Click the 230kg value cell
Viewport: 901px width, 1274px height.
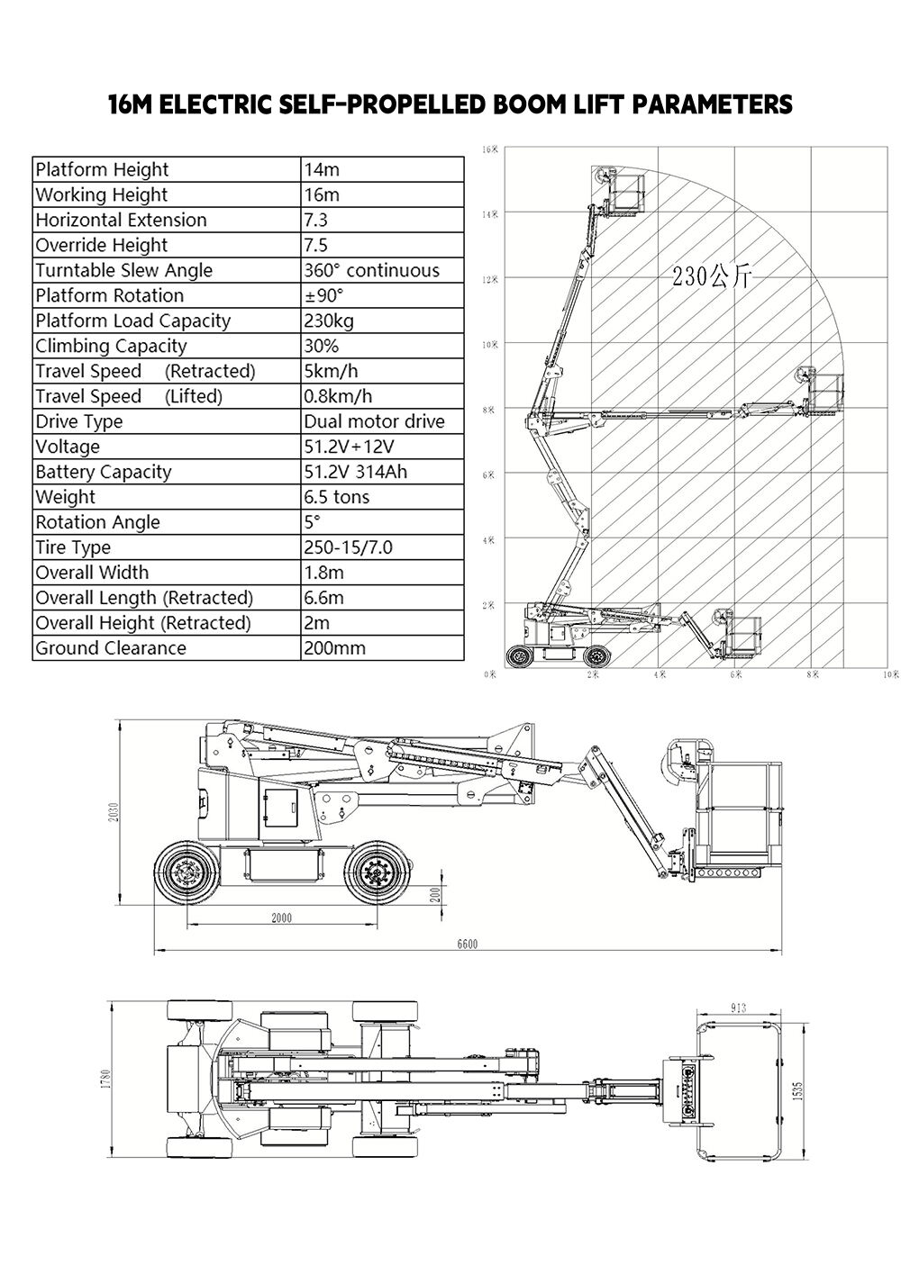pyautogui.click(x=329, y=321)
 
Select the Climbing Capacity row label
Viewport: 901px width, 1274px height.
pyautogui.click(x=111, y=346)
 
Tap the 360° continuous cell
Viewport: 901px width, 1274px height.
pyautogui.click(x=371, y=270)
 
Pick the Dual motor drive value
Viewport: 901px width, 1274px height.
pyautogui.click(x=374, y=421)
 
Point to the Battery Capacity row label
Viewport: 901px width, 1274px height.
pyautogui.click(x=103, y=472)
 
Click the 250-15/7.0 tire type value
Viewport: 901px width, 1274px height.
pyautogui.click(x=348, y=547)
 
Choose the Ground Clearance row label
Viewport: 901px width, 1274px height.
pyautogui.click(x=111, y=648)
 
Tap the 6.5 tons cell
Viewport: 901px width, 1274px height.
pyautogui.click(x=336, y=497)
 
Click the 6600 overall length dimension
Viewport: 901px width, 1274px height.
pyautogui.click(x=467, y=944)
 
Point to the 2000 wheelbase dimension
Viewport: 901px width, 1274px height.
pyautogui.click(x=281, y=918)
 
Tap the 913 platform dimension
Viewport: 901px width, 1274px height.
pyautogui.click(x=741, y=1007)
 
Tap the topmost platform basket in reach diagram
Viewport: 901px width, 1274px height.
pyautogui.click(x=624, y=192)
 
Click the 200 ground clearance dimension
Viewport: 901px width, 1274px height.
pyautogui.click(x=434, y=894)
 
